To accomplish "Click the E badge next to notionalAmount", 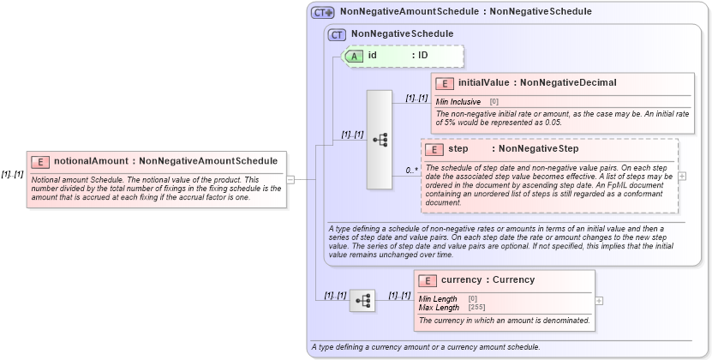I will pyautogui.click(x=39, y=160).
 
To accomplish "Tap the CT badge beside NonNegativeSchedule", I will pyautogui.click(x=338, y=34).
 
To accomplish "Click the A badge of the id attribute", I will pyautogui.click(x=354, y=56).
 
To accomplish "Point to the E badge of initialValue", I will pyautogui.click(x=444, y=83).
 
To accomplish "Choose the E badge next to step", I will pyautogui.click(x=434, y=149).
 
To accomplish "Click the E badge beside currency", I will pyautogui.click(x=427, y=280).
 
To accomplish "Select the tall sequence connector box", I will pyautogui.click(x=379, y=139).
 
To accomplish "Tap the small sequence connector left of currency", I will pyautogui.click(x=362, y=300).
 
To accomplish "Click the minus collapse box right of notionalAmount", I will pyautogui.click(x=290, y=180).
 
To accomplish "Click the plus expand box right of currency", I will pyautogui.click(x=599, y=300).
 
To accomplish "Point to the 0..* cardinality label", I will pyautogui.click(x=412, y=171).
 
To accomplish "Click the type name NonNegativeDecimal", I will pyautogui.click(x=568, y=83).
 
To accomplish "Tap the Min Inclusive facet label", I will pyautogui.click(x=458, y=101).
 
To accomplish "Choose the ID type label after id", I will pyautogui.click(x=422, y=56).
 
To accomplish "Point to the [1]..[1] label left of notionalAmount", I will pyautogui.click(x=12, y=174).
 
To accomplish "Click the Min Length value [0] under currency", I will pyautogui.click(x=473, y=298).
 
